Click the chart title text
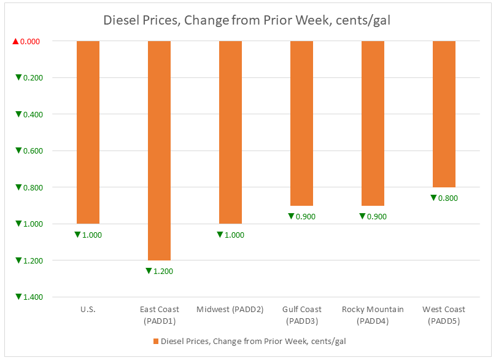(x=247, y=20)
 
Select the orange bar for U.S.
(x=88, y=132)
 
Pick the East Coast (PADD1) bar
(x=160, y=151)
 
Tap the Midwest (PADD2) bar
(x=231, y=132)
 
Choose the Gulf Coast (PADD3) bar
(x=302, y=123)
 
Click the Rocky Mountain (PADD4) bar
(x=373, y=123)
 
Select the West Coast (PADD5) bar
(x=444, y=114)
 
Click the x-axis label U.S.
(x=88, y=310)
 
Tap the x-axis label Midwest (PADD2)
(x=230, y=310)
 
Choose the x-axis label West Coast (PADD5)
(x=444, y=315)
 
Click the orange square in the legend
(x=156, y=341)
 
